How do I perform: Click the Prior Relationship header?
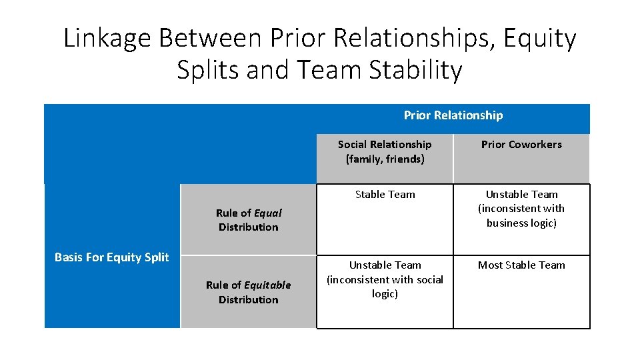coord(453,115)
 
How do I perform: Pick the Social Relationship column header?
coord(385,145)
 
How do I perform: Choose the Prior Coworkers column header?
coord(521,145)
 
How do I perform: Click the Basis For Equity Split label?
coord(111,257)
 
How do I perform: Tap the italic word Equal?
coord(268,213)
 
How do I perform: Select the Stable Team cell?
coord(385,195)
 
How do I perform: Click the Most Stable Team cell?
coord(521,265)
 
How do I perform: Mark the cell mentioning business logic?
coord(521,209)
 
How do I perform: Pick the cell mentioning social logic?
coord(385,279)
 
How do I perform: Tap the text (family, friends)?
coord(385,159)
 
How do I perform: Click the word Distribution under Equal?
coord(249,227)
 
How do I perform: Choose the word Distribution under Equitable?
coord(249,300)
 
